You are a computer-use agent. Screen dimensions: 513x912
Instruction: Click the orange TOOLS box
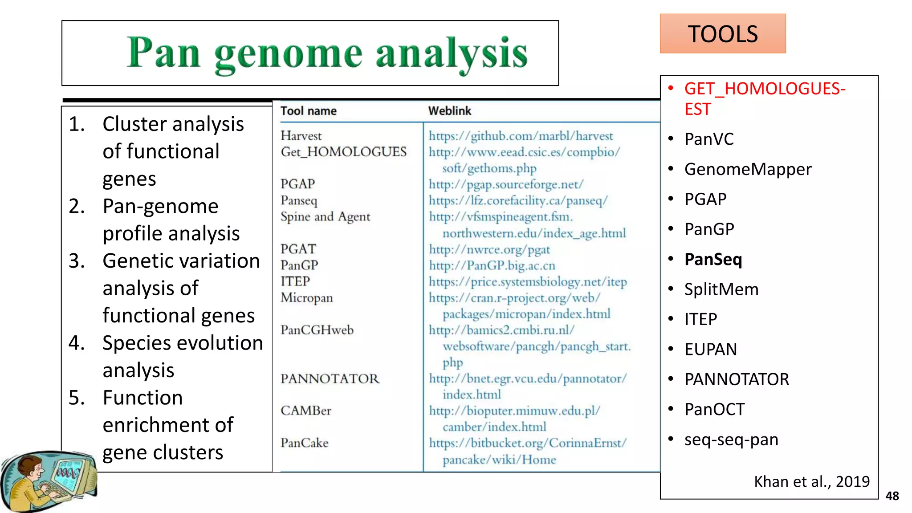point(722,34)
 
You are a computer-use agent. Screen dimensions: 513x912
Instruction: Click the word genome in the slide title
point(288,54)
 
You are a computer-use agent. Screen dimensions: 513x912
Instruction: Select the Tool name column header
point(308,111)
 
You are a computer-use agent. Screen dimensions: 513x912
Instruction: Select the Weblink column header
point(449,111)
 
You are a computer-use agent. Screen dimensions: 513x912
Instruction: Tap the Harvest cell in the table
point(301,136)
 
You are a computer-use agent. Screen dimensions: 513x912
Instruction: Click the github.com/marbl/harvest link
point(521,136)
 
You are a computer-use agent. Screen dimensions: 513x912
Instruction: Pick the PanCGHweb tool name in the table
point(317,330)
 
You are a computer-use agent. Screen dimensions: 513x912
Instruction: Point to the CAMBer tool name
point(305,411)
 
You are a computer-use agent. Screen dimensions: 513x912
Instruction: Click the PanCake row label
point(304,443)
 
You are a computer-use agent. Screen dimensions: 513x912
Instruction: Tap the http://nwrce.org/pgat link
point(489,249)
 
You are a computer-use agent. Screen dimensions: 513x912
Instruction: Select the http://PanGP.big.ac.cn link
point(492,265)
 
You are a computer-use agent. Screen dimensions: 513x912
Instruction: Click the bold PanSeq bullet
point(713,259)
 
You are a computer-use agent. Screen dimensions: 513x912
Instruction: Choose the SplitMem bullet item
point(721,289)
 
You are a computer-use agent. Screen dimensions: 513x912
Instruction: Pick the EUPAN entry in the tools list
point(710,350)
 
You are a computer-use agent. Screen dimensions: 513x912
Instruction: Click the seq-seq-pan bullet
point(731,440)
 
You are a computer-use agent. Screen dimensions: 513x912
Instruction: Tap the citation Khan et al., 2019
point(811,481)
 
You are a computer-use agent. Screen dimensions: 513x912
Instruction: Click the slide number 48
point(892,496)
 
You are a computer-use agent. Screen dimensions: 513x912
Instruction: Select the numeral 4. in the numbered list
point(77,343)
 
